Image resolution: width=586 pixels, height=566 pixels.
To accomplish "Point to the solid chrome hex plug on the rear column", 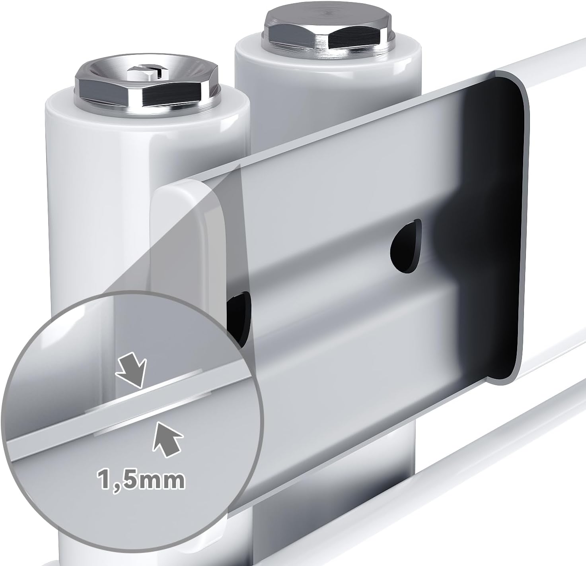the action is (x=329, y=31).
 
